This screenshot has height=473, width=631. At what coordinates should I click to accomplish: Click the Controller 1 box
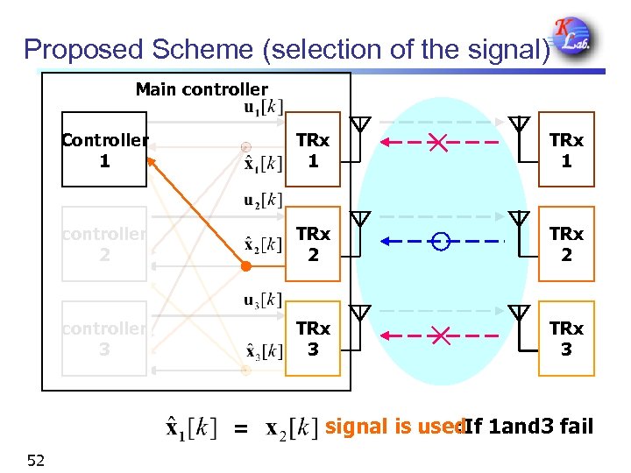pos(104,150)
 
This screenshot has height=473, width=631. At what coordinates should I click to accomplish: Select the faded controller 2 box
pos(104,244)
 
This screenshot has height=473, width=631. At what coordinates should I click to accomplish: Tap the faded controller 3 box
pos(104,339)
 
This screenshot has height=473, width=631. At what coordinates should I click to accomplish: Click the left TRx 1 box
pos(313,151)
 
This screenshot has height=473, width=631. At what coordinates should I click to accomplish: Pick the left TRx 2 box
pos(313,244)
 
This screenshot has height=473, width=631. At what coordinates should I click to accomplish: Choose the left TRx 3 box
pos(313,339)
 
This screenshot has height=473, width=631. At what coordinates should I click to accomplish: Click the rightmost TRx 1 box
pos(566,151)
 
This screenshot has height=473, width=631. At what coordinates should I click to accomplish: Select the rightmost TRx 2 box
pos(566,244)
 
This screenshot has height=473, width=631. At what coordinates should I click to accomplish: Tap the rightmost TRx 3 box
pos(566,339)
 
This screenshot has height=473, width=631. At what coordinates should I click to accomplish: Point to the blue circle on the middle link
pos(441,241)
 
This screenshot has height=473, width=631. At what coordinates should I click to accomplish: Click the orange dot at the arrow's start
pos(246,265)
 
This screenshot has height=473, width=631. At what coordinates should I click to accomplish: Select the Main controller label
pos(202,89)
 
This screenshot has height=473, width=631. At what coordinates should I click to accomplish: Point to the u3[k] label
pos(262,300)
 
